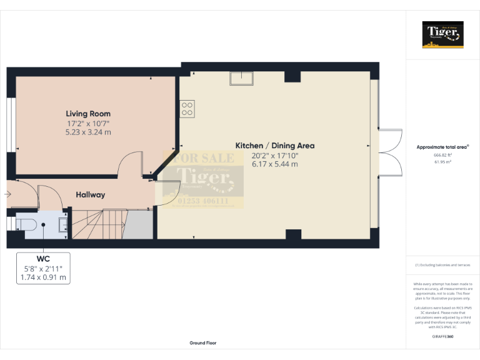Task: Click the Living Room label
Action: tap(88, 114)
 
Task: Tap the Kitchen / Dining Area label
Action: tap(274, 146)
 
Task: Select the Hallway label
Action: tap(90, 195)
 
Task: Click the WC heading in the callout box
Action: tap(44, 259)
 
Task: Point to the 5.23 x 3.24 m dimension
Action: tap(88, 132)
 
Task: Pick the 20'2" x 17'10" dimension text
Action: tap(274, 155)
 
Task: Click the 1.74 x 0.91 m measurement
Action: tap(44, 277)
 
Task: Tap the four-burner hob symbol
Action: tap(187, 109)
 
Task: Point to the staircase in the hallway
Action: tap(102, 224)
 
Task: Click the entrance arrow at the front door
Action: tap(7, 194)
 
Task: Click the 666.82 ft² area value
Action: tap(442, 155)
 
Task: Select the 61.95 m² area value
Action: tap(442, 161)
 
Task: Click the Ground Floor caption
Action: tap(203, 343)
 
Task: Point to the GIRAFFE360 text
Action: tap(442, 337)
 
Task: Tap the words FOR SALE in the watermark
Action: tap(204, 158)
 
